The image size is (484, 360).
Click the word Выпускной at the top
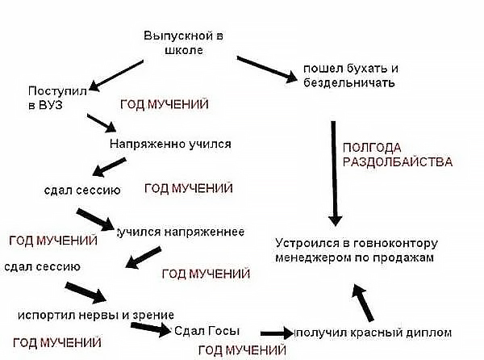(x=179, y=36)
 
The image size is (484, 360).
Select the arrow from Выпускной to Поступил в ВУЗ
(x=116, y=76)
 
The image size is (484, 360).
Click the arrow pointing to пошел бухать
(x=267, y=69)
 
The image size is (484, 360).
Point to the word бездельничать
(x=349, y=83)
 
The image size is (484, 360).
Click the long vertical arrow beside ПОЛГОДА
(x=335, y=174)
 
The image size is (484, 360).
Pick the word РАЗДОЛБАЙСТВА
(x=398, y=162)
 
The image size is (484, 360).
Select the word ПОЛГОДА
(x=372, y=148)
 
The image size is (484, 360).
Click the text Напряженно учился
(x=170, y=144)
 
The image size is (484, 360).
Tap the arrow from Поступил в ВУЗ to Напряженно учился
(x=102, y=123)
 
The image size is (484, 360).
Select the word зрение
(x=153, y=316)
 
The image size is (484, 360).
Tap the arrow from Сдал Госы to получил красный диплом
(x=277, y=333)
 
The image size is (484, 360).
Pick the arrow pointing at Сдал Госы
(x=150, y=329)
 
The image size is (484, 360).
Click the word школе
(x=184, y=50)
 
